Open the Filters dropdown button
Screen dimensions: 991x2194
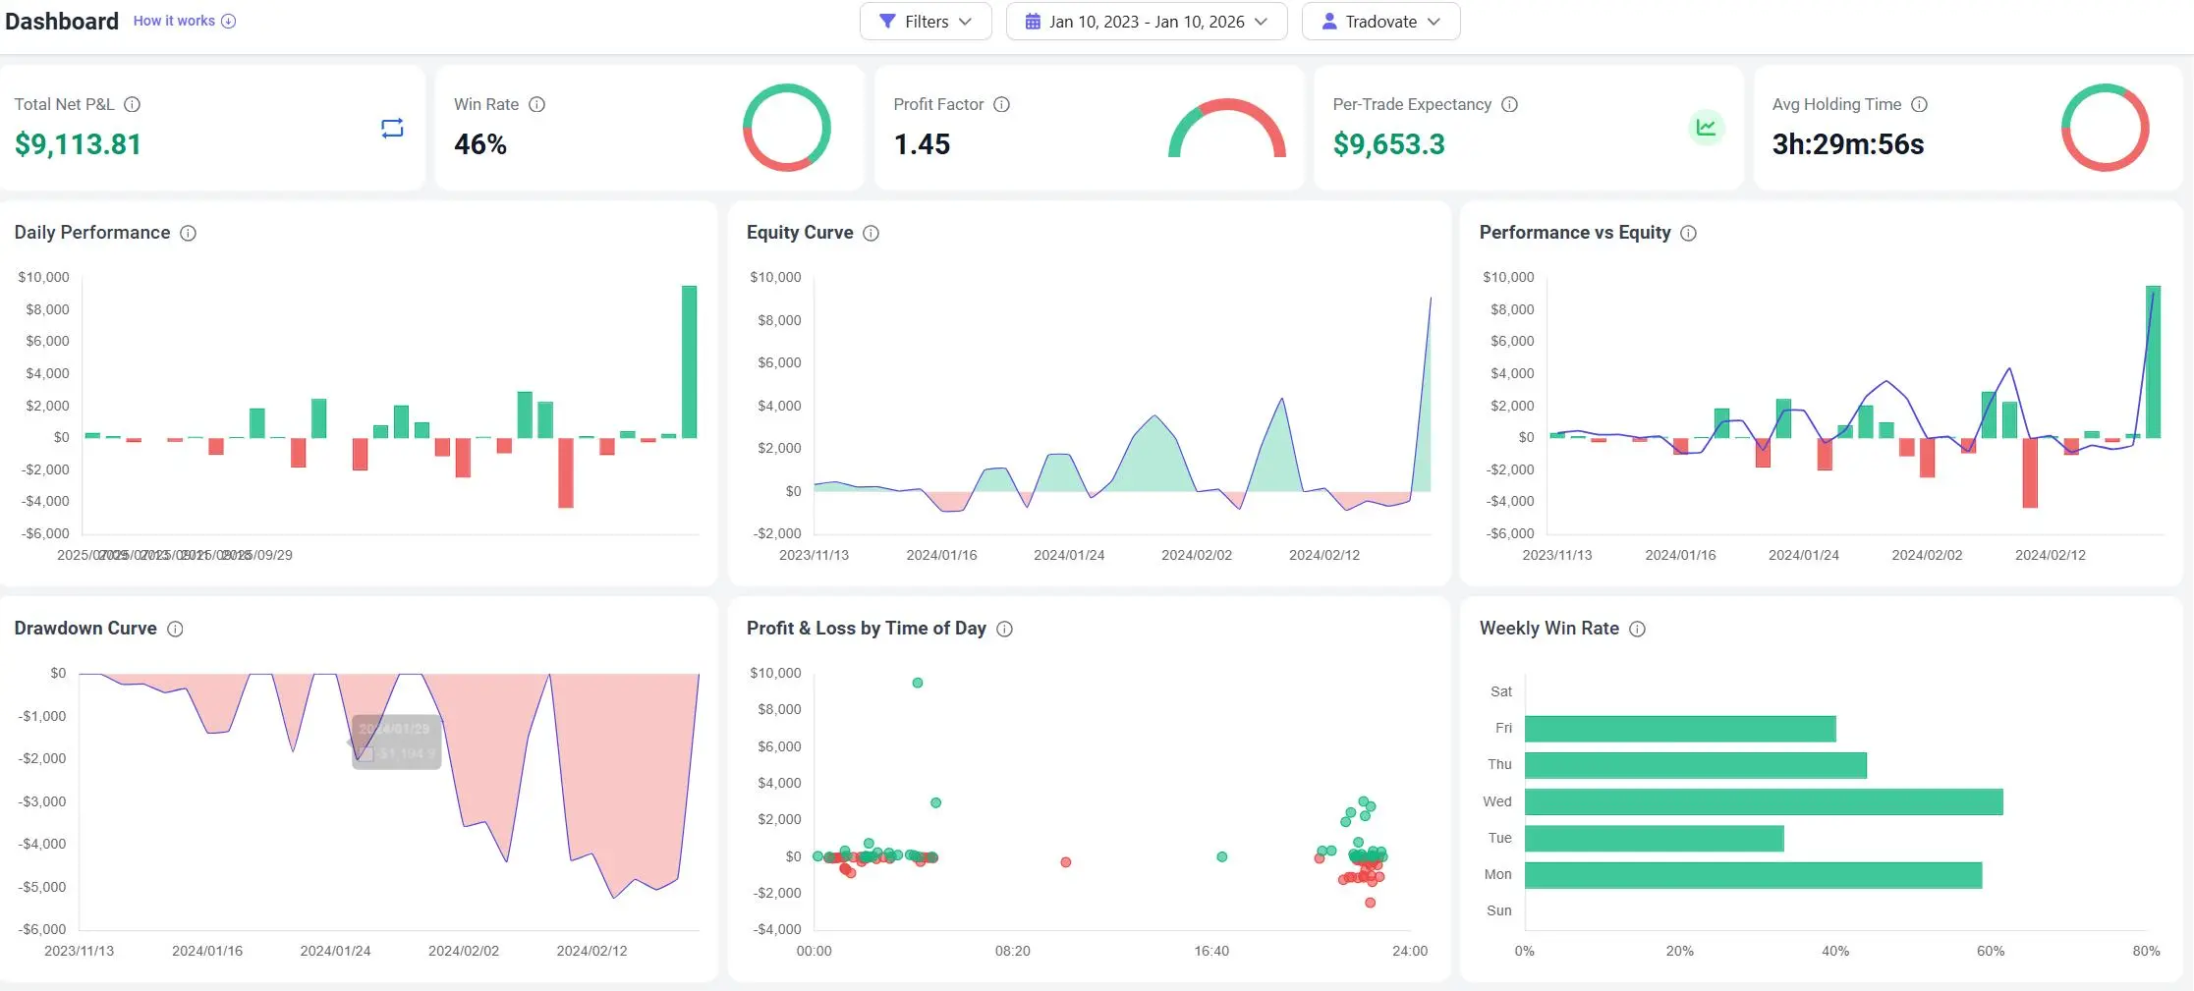point(925,22)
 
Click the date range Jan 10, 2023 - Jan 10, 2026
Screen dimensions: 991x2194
point(1146,22)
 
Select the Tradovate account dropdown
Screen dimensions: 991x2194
point(1380,22)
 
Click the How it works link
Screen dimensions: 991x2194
point(174,21)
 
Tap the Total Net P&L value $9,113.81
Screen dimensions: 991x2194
point(78,144)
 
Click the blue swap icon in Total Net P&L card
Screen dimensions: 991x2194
point(392,129)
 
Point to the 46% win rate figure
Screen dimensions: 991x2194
point(480,144)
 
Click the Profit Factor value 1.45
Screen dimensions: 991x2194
point(922,144)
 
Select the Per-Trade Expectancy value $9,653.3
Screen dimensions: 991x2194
point(1388,144)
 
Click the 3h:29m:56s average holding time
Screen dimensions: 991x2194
point(1847,144)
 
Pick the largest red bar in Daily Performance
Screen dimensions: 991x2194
point(565,472)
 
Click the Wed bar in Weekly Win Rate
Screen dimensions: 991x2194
point(1763,801)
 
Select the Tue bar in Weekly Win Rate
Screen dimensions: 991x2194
point(1654,839)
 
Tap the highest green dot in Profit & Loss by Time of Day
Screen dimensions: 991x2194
point(918,683)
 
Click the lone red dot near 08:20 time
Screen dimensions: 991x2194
point(1066,862)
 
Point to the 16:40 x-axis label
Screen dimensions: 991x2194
point(1211,951)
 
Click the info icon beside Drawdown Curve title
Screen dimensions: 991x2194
point(175,629)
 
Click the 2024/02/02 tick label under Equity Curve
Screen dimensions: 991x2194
point(1196,555)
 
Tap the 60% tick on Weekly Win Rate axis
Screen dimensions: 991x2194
point(1990,951)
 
